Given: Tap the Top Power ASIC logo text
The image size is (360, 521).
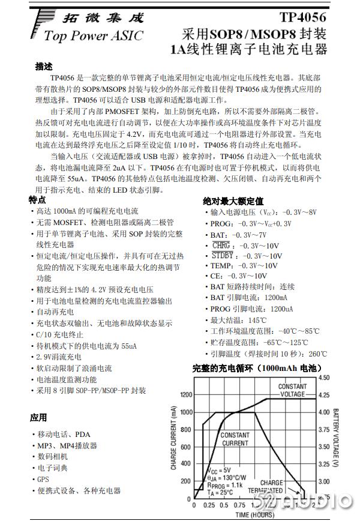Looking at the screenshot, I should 94,37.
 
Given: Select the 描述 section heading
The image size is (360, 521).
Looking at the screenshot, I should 44,67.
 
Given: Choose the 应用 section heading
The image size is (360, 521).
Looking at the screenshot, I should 38,417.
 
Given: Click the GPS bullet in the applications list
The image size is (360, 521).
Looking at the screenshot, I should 43,479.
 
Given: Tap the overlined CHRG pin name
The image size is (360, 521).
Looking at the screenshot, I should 221,245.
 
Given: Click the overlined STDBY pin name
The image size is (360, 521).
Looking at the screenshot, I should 223,256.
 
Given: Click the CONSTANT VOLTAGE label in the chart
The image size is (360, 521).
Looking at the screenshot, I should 293,390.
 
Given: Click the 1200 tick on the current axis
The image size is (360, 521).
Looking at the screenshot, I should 186,395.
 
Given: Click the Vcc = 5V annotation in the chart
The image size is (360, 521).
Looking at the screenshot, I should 218,469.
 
